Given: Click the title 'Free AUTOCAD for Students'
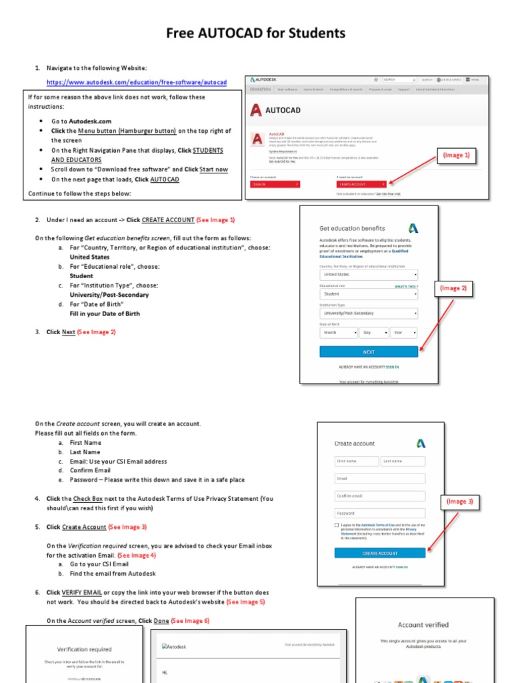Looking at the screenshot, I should pos(256,33).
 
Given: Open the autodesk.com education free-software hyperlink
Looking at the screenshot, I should pos(137,83).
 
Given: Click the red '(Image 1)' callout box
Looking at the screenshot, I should pos(457,155).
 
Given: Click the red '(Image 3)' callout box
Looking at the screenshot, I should pos(459,501).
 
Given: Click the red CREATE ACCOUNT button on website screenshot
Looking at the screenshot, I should pos(361,183).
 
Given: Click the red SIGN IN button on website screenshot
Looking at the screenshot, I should pos(274,183).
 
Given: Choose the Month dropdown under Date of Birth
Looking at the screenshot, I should pos(338,332).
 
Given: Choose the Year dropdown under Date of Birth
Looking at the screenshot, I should pos(404,332).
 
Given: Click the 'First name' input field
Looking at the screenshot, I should pos(356,461).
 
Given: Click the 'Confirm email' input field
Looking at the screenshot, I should pos(379,496).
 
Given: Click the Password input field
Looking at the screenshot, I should pos(379,513).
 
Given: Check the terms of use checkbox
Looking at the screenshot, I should pos(337,526).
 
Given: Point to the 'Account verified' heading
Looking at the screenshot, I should pos(423,625).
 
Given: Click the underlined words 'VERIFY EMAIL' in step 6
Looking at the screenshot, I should pos(82,592).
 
